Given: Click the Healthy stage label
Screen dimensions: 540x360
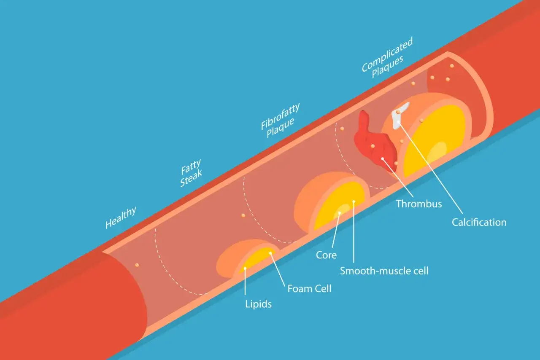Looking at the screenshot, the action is tap(121, 218).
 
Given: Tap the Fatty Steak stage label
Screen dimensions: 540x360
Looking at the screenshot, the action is tap(192, 173).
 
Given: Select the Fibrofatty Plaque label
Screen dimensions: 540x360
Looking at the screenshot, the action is tap(281, 120).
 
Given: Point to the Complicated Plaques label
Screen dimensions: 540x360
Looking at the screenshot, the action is tap(387, 58).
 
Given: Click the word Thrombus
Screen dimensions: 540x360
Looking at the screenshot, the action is tap(419, 204).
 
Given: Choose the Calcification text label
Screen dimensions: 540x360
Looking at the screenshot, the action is tap(479, 222).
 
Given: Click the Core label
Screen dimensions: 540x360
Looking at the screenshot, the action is tap(326, 255).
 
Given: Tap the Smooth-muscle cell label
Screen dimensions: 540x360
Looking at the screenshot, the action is tap(384, 271).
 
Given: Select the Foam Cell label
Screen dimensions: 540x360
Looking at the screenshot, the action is tap(309, 288).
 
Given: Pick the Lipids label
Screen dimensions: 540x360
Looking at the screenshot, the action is tap(259, 304).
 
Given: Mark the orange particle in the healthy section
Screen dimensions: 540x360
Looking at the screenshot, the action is tap(137, 265).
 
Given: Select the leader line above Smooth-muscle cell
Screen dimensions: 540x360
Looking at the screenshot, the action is tap(354, 232).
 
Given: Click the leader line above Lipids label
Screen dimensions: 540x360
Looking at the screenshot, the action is tap(245, 282).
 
